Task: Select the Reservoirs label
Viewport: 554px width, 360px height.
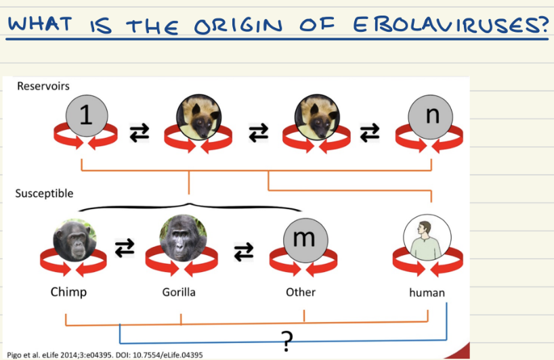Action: [x=43, y=86]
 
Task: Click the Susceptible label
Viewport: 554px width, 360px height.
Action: [x=44, y=194]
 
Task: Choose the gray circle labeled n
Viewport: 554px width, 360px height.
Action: [x=431, y=116]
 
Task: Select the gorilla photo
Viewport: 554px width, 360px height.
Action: [x=183, y=238]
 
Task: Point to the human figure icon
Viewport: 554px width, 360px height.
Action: [x=427, y=240]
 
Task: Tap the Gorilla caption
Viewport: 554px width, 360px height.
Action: [x=179, y=293]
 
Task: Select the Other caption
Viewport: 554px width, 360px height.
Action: [x=300, y=293]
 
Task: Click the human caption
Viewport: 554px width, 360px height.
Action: [x=427, y=293]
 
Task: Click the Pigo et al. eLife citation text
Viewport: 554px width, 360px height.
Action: [x=104, y=354]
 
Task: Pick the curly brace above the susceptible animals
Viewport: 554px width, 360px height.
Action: [x=189, y=205]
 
